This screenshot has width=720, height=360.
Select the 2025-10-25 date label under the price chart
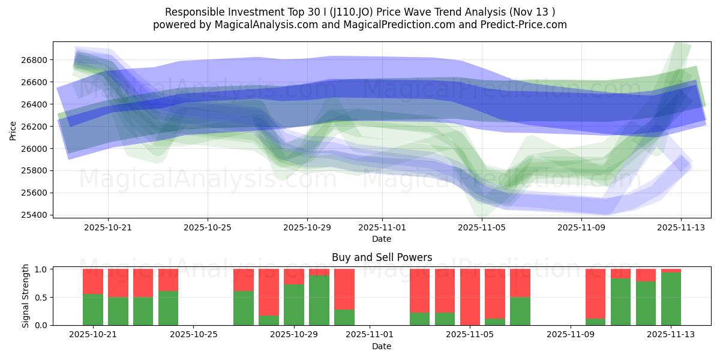click(x=208, y=228)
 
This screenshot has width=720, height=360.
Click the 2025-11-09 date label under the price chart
click(x=581, y=228)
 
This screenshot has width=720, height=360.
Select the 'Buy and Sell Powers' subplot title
click(x=382, y=257)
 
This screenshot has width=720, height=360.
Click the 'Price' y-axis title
click(x=13, y=130)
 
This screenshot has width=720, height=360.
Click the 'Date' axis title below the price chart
click(x=382, y=239)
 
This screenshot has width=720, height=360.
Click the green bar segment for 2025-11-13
click(x=671, y=299)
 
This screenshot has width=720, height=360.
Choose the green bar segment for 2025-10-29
click(x=294, y=305)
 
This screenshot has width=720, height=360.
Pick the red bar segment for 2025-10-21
click(x=93, y=281)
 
